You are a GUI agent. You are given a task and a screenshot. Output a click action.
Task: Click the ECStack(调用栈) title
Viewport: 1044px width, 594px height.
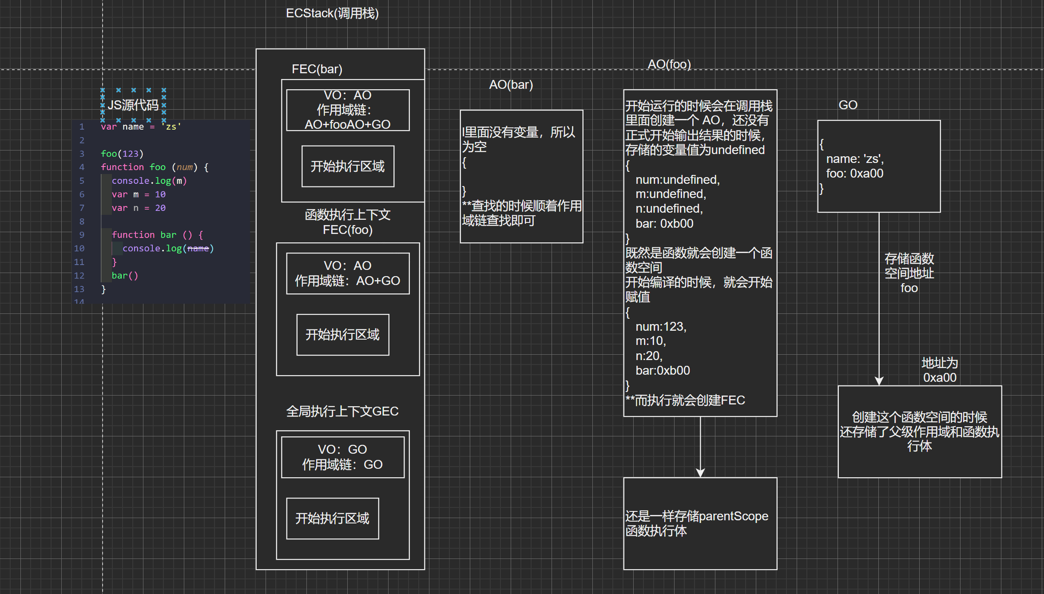332,13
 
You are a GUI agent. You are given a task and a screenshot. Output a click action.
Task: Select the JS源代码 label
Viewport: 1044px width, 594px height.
133,105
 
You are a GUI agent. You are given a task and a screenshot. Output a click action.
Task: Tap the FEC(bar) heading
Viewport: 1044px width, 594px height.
317,69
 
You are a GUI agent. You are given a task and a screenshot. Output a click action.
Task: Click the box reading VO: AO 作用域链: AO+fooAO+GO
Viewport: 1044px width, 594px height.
348,110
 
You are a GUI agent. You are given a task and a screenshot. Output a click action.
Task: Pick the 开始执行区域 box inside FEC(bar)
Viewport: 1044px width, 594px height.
348,166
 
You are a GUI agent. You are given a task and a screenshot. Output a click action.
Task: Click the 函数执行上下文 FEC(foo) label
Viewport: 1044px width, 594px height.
348,222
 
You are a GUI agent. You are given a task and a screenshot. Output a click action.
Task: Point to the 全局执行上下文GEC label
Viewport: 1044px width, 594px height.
342,412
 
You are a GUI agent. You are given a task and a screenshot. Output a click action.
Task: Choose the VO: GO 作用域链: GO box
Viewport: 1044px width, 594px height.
342,457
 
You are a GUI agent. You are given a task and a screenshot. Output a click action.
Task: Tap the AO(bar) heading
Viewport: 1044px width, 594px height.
511,85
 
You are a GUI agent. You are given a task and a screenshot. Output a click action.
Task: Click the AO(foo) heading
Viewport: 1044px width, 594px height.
669,64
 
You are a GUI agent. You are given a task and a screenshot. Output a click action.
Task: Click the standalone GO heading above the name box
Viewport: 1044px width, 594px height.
848,105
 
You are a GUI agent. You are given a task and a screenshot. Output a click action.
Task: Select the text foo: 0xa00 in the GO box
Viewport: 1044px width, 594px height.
854,174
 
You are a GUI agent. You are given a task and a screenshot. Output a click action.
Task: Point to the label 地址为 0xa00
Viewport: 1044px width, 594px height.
940,370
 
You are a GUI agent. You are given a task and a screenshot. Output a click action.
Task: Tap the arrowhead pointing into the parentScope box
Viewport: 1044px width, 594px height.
700,473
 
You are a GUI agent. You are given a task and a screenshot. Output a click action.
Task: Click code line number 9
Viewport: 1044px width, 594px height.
82,235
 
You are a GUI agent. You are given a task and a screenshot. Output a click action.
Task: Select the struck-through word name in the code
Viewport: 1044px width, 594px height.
198,249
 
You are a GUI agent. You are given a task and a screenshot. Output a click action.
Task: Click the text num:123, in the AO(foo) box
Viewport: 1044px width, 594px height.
661,327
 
